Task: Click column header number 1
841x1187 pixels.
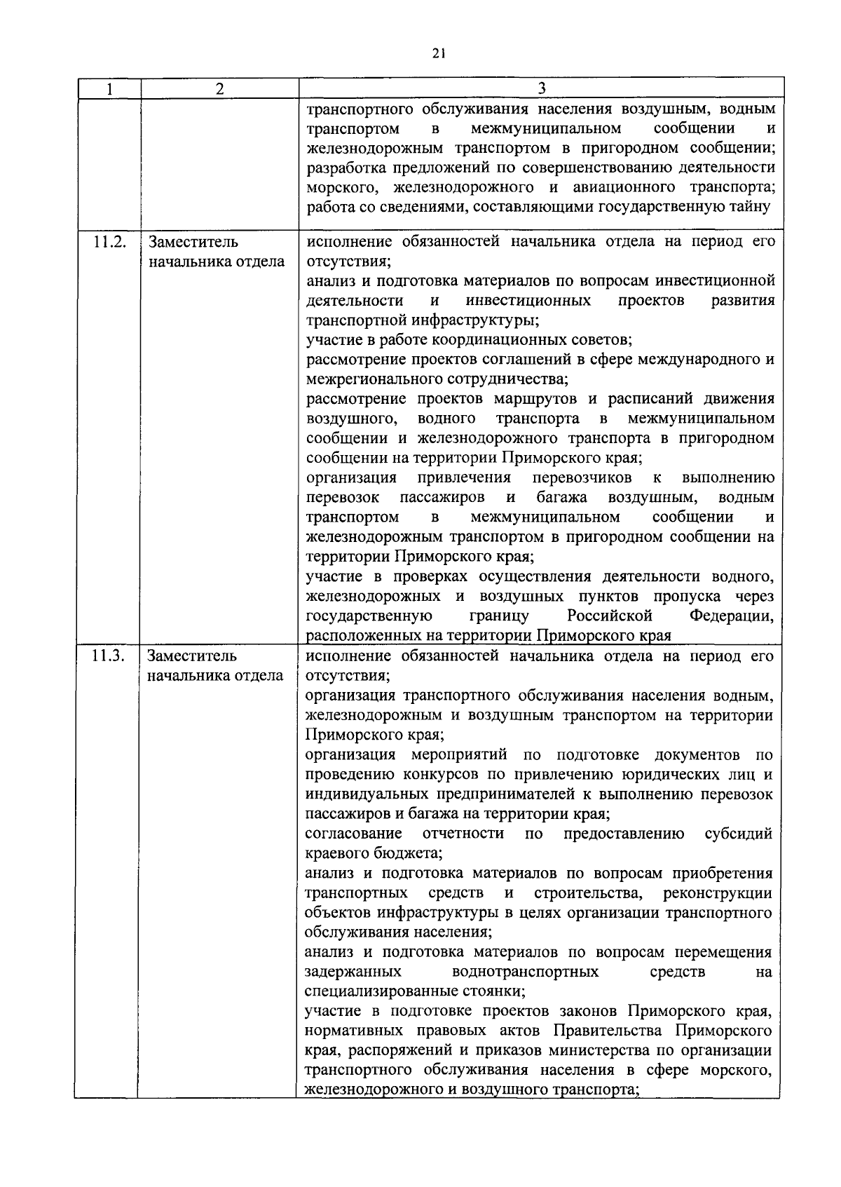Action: (x=109, y=89)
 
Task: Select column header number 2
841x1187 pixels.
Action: (x=220, y=89)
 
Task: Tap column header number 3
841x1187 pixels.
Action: (x=541, y=89)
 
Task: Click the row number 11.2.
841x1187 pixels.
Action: (x=109, y=243)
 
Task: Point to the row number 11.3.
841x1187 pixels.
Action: (x=109, y=657)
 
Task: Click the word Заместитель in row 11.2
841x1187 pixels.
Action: (x=193, y=243)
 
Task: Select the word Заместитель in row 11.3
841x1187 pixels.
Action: (x=193, y=657)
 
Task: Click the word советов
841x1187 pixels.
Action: (x=601, y=340)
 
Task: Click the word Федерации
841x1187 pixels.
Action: (x=732, y=616)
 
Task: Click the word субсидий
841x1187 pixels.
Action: (x=738, y=834)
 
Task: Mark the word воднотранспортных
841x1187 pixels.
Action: (x=526, y=972)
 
